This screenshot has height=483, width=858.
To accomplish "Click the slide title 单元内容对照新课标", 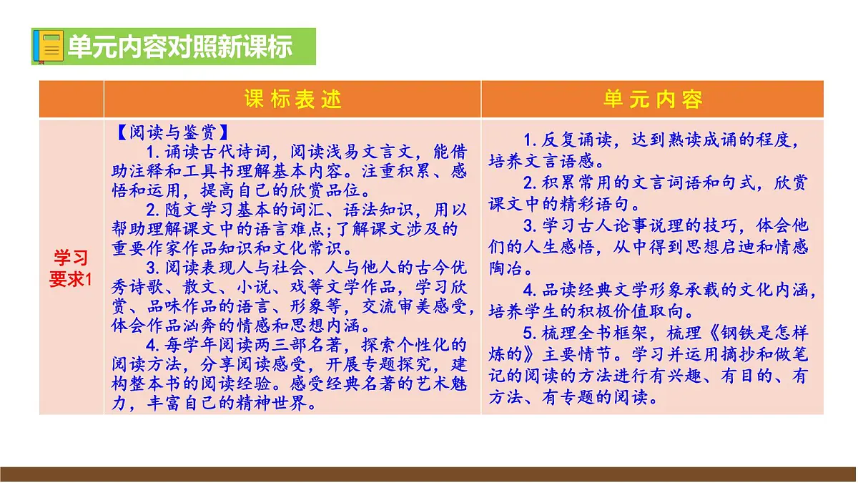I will pos(179,47).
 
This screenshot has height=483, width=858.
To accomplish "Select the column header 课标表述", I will pos(293,99).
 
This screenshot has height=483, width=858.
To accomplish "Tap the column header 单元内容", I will pos(653,99).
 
